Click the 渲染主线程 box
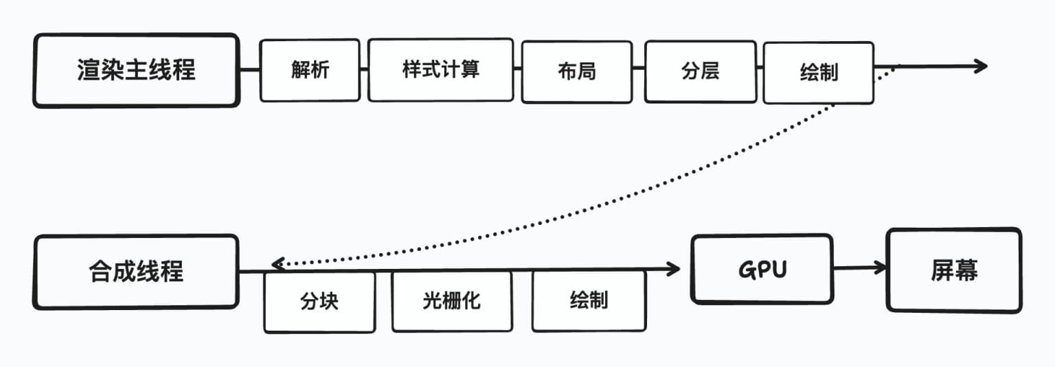pos(136,71)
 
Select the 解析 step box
pos(310,70)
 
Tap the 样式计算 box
pos(440,70)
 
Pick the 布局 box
pos(576,71)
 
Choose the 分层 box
pos(700,71)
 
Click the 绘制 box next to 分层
pos(818,72)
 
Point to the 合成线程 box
pos(136,272)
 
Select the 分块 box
pos(319,302)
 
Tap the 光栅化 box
pos(452,300)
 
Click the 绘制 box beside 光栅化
pos(589,300)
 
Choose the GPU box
pos(761,269)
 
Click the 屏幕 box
pos(953,270)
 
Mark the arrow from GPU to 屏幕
pos(859,268)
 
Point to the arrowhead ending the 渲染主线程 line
pos(981,66)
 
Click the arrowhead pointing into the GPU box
pos(673,269)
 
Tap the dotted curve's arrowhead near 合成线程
pos(277,263)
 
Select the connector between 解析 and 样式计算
pos(364,69)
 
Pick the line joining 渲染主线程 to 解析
pos(249,69)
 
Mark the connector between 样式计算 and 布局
pos(517,69)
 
